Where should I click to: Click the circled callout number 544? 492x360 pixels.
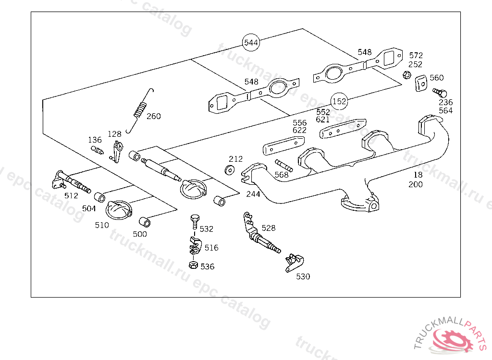click(x=251, y=43)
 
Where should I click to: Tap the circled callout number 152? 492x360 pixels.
click(x=339, y=101)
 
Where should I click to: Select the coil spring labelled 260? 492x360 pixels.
click(x=140, y=111)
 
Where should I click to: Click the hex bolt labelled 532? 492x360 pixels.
click(x=195, y=222)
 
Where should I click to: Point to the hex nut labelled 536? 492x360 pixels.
click(x=193, y=265)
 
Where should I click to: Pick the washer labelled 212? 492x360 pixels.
click(x=230, y=169)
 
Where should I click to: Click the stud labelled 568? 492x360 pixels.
click(x=284, y=166)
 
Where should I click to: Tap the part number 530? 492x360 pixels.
click(x=303, y=276)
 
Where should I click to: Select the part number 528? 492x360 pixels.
click(x=269, y=228)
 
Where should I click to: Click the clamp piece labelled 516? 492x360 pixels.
click(x=195, y=246)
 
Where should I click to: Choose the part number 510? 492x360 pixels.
click(x=102, y=225)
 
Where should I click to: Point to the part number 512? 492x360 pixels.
click(x=71, y=196)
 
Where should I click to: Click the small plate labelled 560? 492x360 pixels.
click(x=421, y=83)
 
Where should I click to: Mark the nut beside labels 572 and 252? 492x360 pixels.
click(x=406, y=75)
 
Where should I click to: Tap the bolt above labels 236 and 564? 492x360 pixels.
click(x=440, y=93)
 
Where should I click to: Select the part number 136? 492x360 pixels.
click(x=95, y=140)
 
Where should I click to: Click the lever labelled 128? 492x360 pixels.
click(x=117, y=152)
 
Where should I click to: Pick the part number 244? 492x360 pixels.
click(x=253, y=194)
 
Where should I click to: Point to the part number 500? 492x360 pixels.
click(x=140, y=234)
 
